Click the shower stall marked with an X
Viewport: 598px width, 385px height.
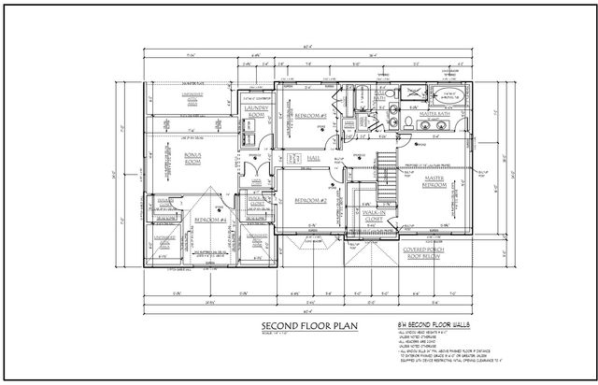[x=411, y=94]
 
